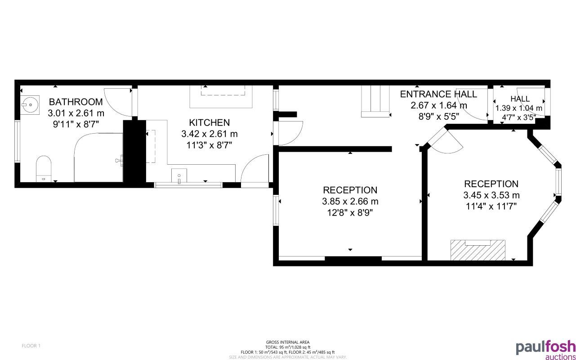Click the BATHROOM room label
76,102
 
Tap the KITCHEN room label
209,122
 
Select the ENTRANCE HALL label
438,94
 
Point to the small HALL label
520,99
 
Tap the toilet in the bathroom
44,167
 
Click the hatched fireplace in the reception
478,250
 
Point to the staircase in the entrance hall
375,101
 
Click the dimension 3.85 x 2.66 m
350,201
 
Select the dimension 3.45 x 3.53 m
491,195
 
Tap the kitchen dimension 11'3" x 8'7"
209,145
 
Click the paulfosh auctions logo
545,350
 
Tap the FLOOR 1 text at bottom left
31,346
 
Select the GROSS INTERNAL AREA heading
287,342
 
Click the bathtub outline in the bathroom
99,157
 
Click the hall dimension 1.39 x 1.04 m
519,108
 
